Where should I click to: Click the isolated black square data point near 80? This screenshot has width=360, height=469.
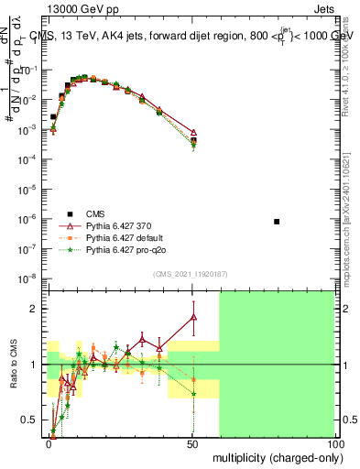[278, 222]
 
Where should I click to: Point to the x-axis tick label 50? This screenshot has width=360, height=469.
[191, 442]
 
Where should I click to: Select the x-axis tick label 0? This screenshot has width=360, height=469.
[49, 442]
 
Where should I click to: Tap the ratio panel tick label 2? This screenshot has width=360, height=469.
[37, 309]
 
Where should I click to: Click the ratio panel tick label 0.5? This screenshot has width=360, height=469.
[32, 420]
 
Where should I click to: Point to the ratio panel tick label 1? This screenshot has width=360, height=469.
[37, 365]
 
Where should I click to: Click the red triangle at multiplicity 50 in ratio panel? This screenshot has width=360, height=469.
[192, 317]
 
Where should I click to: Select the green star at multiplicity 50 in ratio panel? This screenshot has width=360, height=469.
[192, 394]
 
